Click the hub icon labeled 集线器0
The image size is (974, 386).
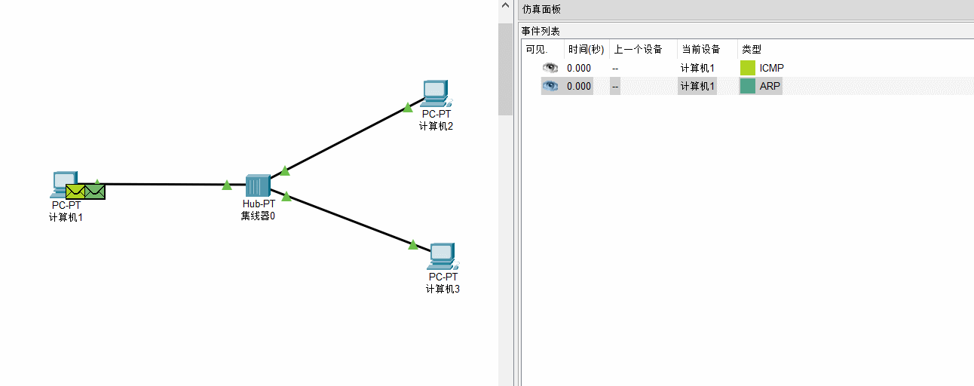click(258, 185)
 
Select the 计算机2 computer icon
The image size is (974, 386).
click(437, 93)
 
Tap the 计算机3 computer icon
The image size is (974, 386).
click(443, 256)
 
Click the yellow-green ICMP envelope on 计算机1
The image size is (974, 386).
click(75, 191)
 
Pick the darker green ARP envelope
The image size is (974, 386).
click(95, 191)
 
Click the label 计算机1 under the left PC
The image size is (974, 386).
click(66, 217)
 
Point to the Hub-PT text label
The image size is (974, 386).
click(259, 204)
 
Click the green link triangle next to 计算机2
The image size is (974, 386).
click(407, 107)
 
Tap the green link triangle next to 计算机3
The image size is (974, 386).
click(412, 245)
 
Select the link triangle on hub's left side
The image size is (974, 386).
click(227, 185)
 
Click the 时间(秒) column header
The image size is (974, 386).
click(587, 49)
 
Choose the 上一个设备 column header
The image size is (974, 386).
click(638, 49)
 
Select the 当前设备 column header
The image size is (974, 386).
click(701, 49)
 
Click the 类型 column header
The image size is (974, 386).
click(752, 49)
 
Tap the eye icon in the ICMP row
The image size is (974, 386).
click(550, 68)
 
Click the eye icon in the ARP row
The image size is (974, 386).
click(550, 86)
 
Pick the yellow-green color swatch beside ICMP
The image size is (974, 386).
click(747, 68)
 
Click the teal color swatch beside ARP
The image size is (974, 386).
click(747, 86)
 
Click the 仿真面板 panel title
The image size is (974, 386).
click(541, 9)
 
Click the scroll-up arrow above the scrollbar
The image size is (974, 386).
click(505, 5)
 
